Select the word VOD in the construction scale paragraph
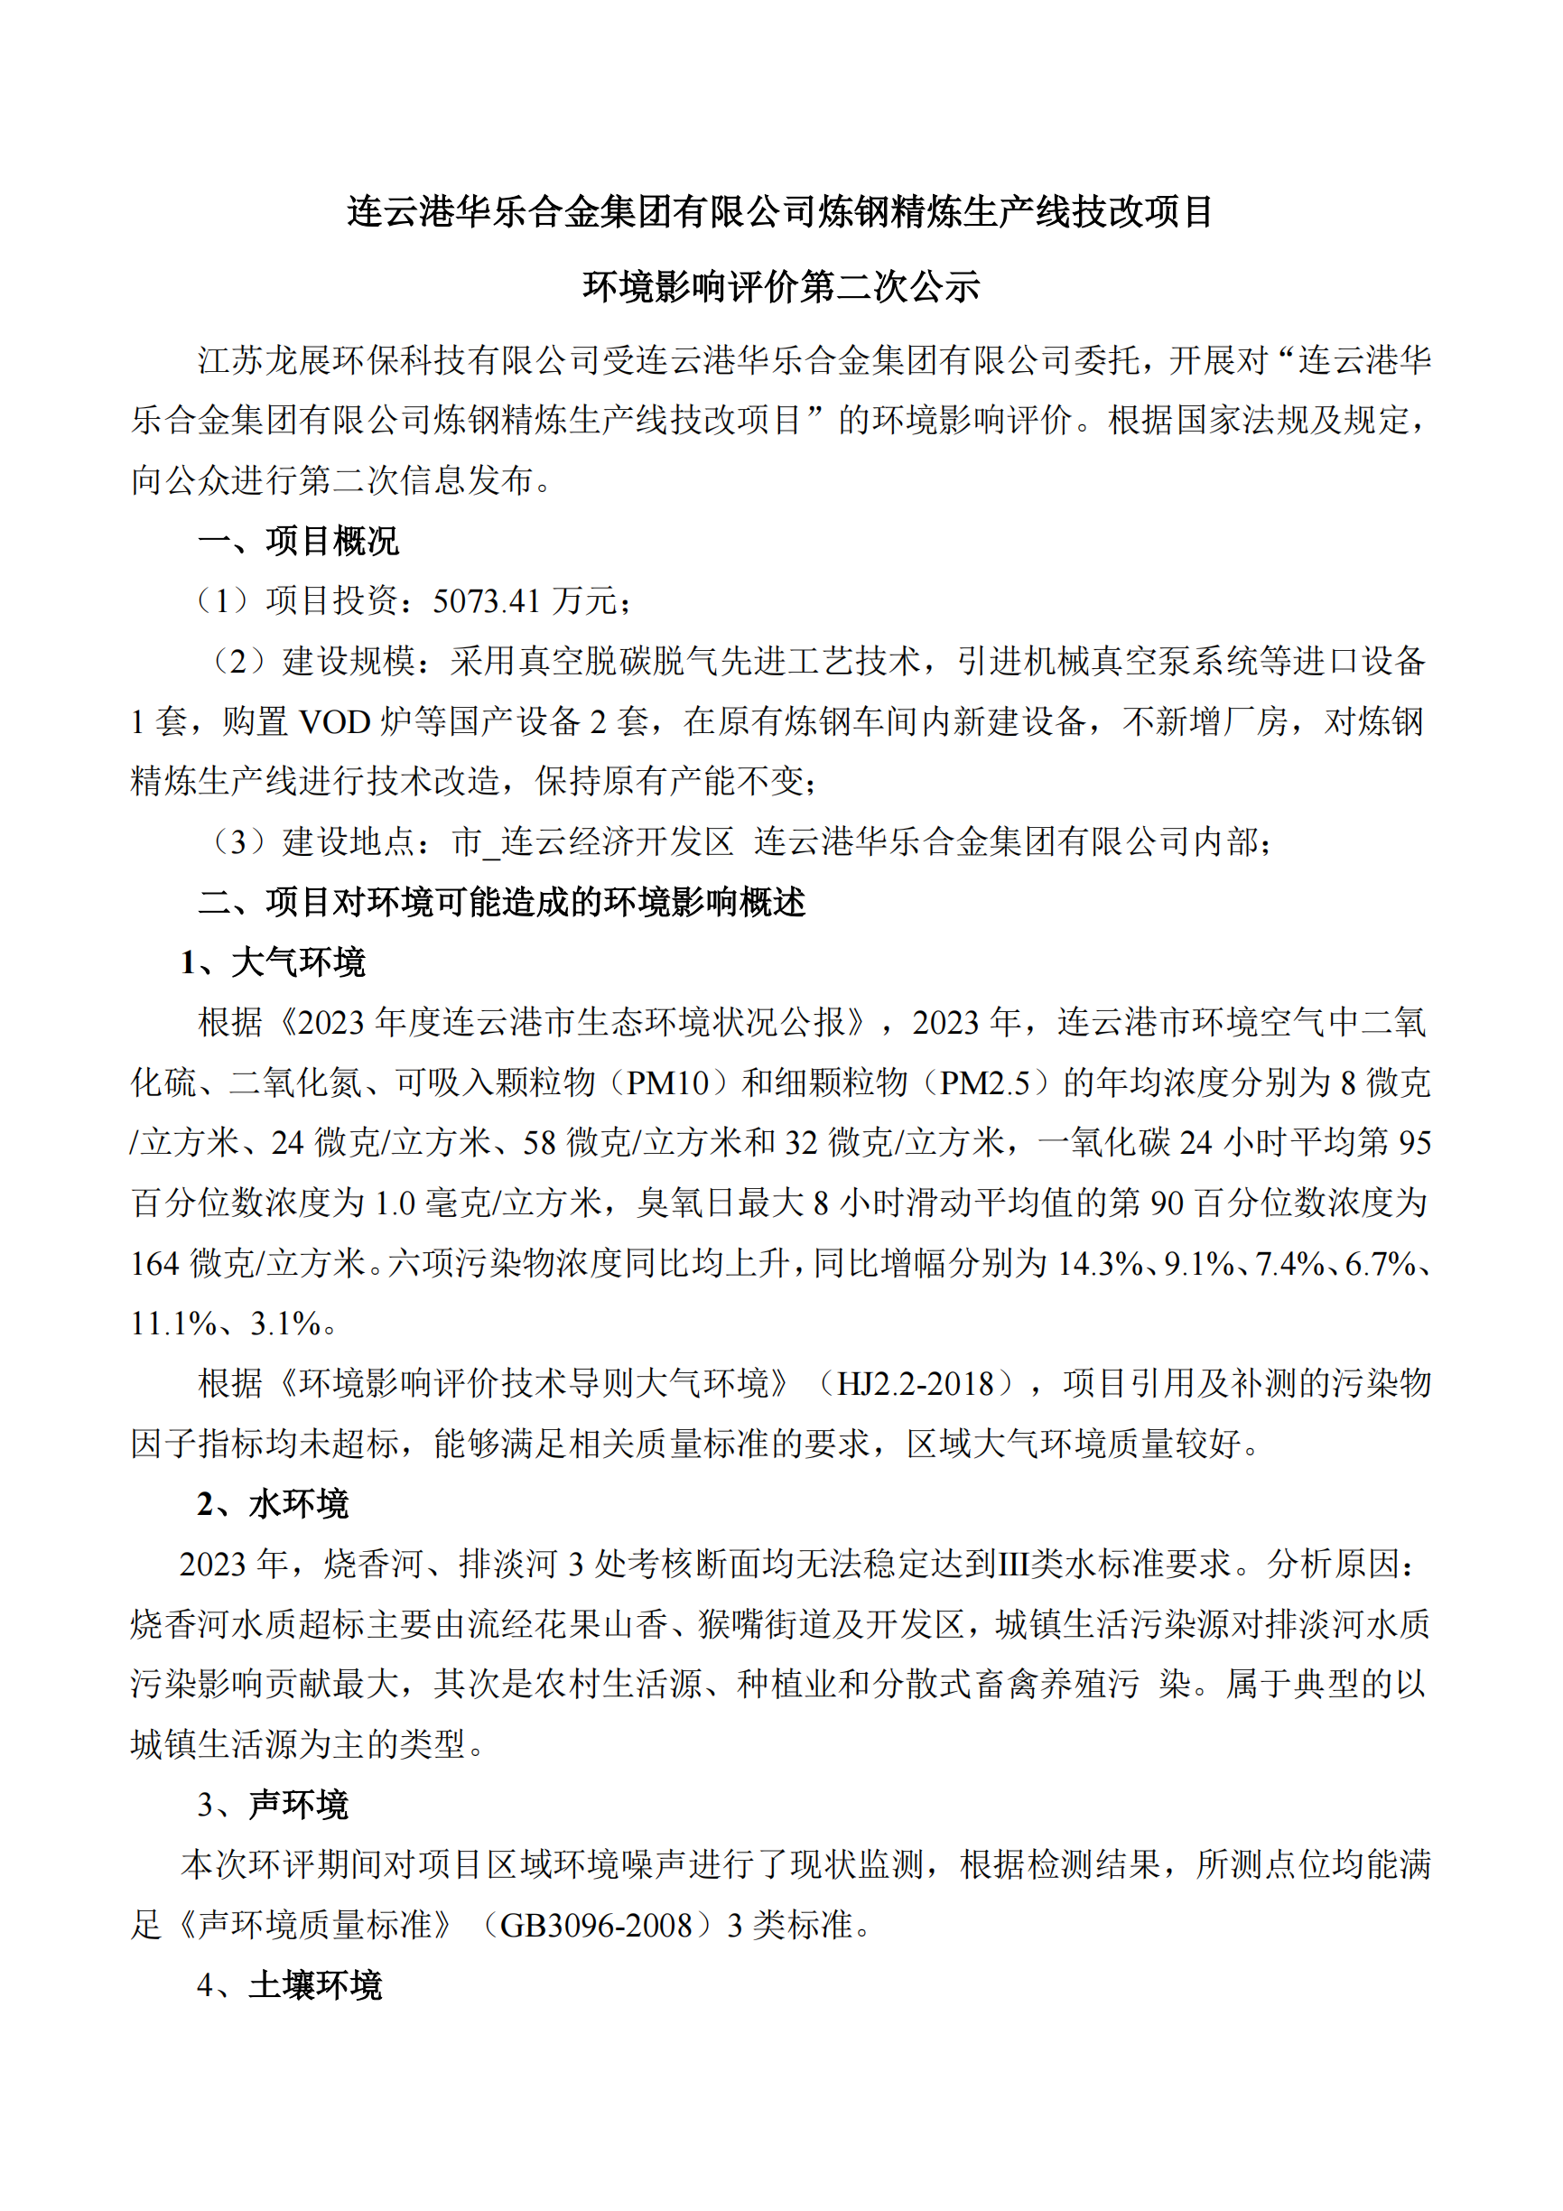point(335,721)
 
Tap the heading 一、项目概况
point(298,541)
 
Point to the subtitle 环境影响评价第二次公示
point(780,286)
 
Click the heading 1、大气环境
point(273,962)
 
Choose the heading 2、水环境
point(273,1504)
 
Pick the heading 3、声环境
point(273,1805)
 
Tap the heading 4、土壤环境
point(289,1985)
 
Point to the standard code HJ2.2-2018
point(915,1384)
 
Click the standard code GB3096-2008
point(596,1925)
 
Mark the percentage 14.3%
point(1100,1263)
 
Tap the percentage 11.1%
point(173,1324)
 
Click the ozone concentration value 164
point(156,1263)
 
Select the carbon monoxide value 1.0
point(395,1203)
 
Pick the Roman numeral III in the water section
point(1013,1564)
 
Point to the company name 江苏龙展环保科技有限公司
point(399,360)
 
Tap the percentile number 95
point(1414,1143)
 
